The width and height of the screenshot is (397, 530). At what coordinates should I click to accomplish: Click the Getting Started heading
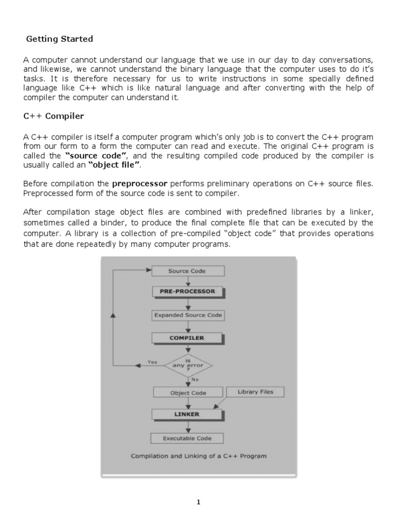[x=59, y=39]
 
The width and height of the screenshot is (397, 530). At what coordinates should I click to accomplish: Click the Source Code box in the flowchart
[x=187, y=271]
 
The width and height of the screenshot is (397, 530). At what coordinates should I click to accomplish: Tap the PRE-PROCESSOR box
[x=187, y=291]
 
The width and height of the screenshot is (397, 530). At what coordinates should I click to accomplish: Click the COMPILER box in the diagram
[x=187, y=338]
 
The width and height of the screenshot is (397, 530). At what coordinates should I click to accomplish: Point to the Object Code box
[x=188, y=393]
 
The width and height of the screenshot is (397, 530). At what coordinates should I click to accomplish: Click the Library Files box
[x=255, y=392]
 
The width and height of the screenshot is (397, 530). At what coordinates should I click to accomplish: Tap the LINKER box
[x=187, y=415]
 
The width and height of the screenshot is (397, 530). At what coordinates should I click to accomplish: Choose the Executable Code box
[x=187, y=438]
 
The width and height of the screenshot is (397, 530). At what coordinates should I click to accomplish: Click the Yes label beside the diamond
[x=152, y=362]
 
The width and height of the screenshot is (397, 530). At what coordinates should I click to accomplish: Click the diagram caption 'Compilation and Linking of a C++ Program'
[x=198, y=456]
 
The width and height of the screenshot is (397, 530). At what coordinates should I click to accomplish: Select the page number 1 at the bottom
[x=198, y=502]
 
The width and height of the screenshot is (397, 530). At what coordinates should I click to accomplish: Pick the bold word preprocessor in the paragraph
[x=140, y=183]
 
